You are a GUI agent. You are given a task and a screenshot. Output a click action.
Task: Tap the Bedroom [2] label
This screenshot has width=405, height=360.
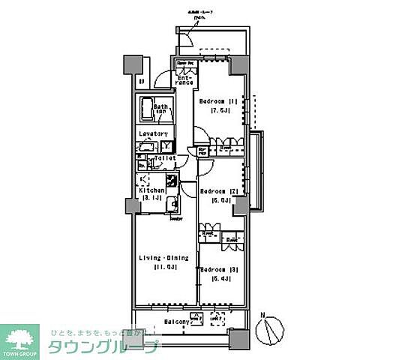click(219, 191)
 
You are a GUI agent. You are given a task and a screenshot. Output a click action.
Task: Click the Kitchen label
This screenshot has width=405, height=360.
click(151, 190)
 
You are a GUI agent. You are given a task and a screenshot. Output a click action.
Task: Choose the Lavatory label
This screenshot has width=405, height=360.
click(152, 134)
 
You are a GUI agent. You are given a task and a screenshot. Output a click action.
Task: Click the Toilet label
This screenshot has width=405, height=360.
click(164, 159)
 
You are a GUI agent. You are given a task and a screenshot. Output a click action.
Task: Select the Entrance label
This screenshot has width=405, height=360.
click(186, 79)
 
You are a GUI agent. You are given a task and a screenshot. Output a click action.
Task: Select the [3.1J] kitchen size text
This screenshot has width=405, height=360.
click(151, 199)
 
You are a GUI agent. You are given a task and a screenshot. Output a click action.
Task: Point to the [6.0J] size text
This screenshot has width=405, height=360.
click(219, 200)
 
